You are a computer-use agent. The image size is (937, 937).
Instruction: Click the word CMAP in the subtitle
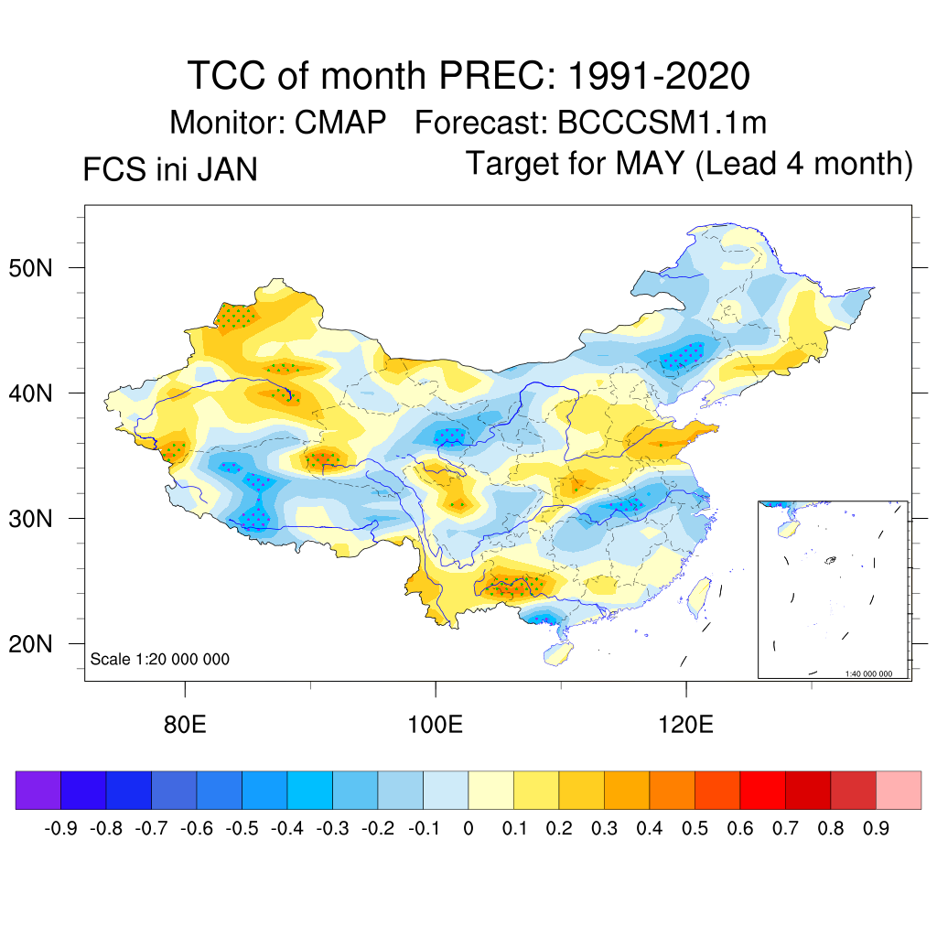tap(340, 122)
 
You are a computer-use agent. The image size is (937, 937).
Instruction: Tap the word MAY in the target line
tap(650, 164)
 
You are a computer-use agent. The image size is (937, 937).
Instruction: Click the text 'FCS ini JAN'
tap(170, 170)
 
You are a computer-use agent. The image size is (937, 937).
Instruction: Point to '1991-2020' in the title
tap(659, 75)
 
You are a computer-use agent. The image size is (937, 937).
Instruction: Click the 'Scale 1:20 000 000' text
tap(160, 659)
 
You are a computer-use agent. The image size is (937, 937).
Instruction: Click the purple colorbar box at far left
tap(38, 790)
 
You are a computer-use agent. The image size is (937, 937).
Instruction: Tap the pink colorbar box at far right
tap(899, 790)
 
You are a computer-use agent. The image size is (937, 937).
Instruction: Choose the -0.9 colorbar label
tap(60, 829)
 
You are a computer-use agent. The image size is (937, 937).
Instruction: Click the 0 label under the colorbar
tap(468, 829)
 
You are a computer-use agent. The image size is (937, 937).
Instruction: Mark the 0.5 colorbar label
tap(695, 829)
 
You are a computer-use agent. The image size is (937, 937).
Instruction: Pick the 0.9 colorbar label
tap(876, 829)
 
